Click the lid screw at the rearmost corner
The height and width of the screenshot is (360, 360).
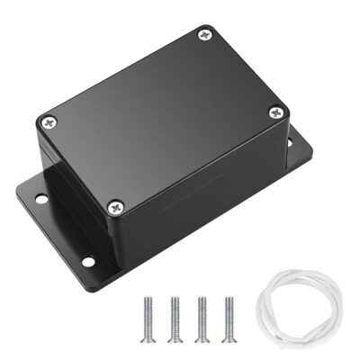pyautogui.click(x=203, y=37)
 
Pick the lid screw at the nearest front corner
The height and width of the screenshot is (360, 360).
pyautogui.click(x=113, y=206)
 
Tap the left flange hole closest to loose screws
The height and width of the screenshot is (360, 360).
pyautogui.click(x=88, y=262)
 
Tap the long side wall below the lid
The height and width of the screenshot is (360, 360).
pyautogui.click(x=198, y=198)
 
